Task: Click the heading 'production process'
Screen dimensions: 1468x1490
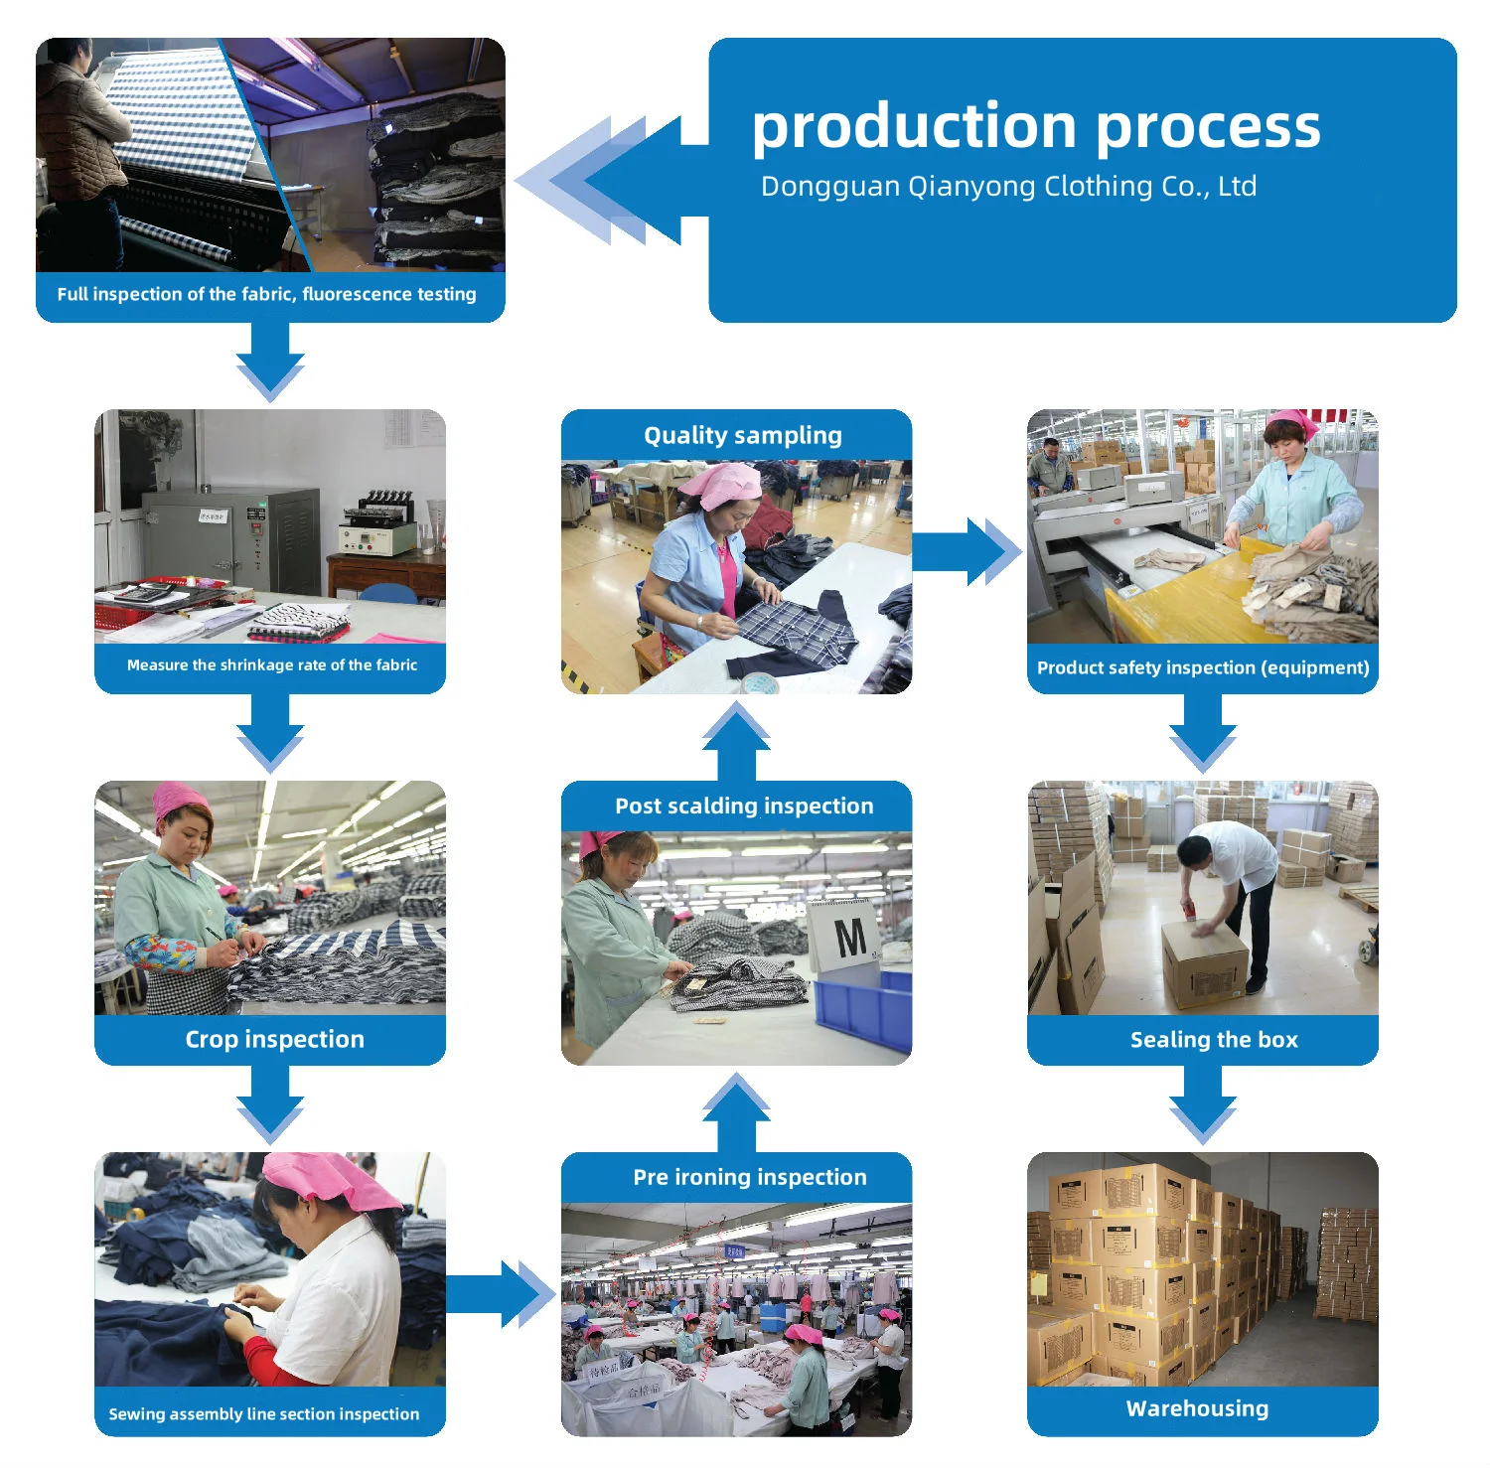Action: click(x=1035, y=127)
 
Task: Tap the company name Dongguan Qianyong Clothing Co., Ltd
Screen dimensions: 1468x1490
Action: click(x=1008, y=187)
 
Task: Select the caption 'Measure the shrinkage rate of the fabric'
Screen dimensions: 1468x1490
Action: click(x=271, y=665)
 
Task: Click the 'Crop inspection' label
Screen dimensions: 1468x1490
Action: click(x=274, y=1039)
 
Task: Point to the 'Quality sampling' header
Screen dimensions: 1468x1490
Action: click(x=742, y=435)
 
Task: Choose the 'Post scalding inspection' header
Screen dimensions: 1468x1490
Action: click(x=744, y=806)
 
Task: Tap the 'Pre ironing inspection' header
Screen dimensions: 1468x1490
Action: click(x=750, y=1177)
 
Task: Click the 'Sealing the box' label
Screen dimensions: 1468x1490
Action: click(x=1214, y=1040)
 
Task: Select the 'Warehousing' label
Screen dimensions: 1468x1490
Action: click(x=1197, y=1408)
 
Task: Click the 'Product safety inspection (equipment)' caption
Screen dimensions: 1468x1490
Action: click(x=1203, y=667)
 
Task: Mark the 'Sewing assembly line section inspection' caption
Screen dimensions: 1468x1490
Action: click(x=264, y=1413)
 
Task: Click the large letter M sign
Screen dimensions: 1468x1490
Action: click(x=849, y=937)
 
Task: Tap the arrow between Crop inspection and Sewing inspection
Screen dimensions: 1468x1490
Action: click(x=270, y=1102)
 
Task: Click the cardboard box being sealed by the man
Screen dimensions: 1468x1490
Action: click(x=1205, y=962)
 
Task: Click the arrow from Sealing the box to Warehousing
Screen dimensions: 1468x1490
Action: click(x=1203, y=1104)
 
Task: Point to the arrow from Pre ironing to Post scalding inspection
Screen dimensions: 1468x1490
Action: click(x=736, y=1110)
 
